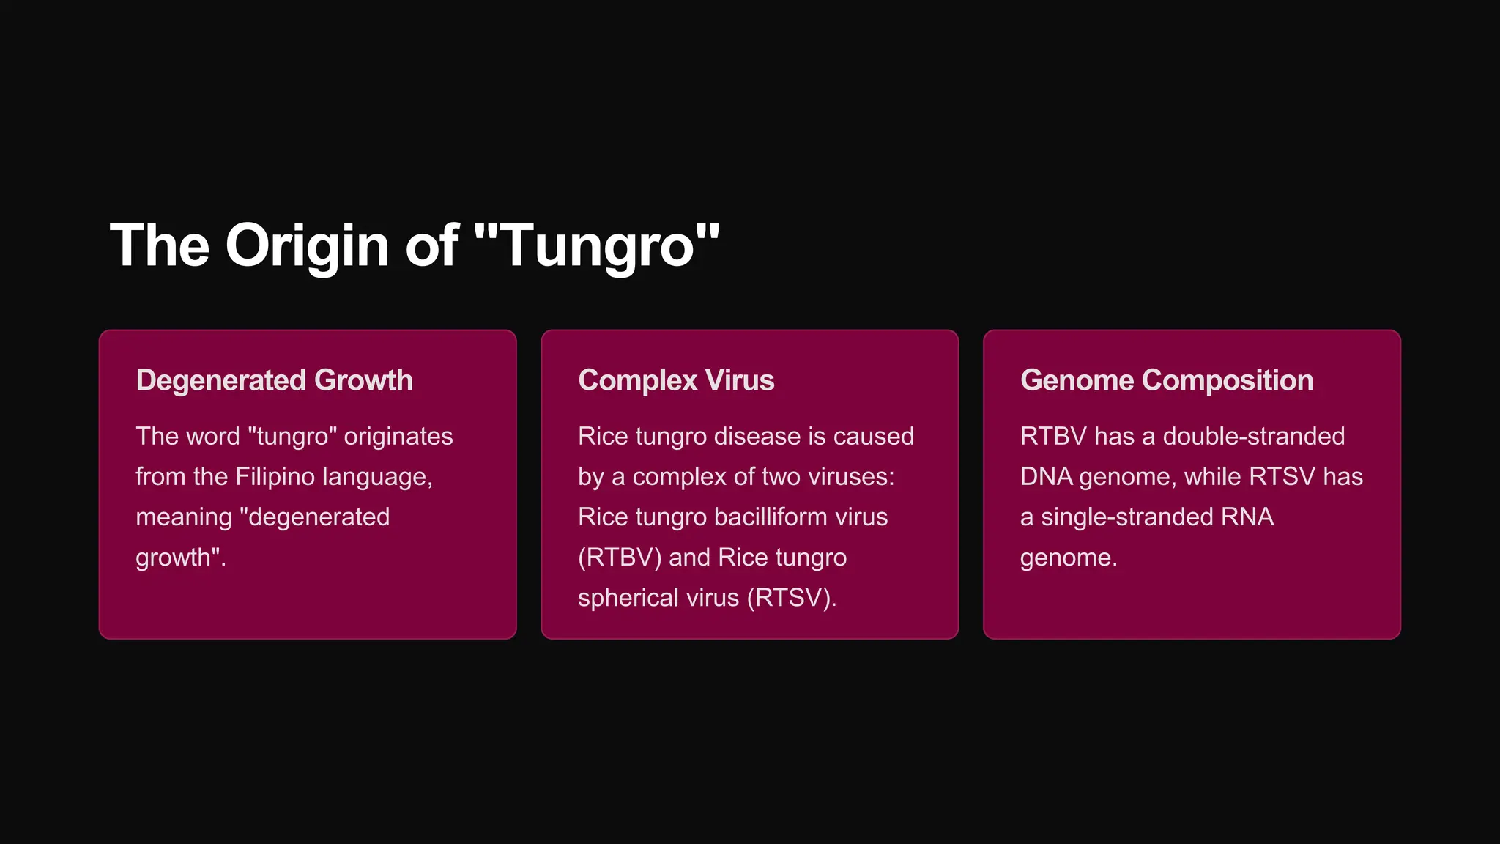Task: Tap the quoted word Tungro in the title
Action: (x=597, y=246)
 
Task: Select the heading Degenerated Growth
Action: (x=274, y=380)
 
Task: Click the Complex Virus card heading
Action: (x=676, y=380)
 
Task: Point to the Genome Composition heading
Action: (x=1166, y=380)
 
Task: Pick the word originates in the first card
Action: (x=398, y=437)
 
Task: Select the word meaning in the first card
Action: (x=184, y=517)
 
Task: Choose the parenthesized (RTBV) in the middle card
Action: (x=619, y=558)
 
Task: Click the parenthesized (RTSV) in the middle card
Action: (x=790, y=598)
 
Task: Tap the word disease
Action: (x=757, y=437)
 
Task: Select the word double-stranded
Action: (x=1253, y=437)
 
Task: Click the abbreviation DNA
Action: (x=1046, y=477)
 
